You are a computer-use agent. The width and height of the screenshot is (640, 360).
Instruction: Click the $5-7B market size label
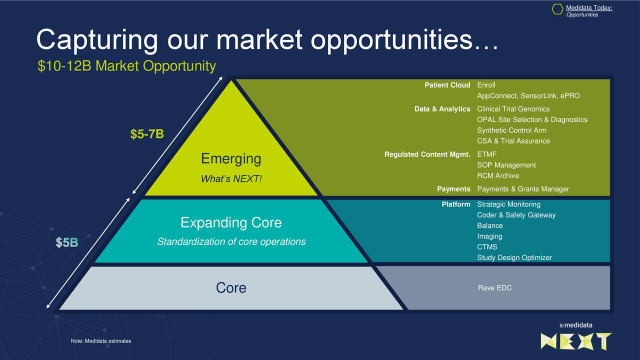point(147,134)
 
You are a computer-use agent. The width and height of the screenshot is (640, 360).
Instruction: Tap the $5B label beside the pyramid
point(67,242)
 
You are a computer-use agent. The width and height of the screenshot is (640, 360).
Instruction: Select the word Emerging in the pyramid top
point(231,159)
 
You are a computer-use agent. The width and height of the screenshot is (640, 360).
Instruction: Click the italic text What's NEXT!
point(231,179)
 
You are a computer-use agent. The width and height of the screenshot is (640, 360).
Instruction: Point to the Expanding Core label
point(231,222)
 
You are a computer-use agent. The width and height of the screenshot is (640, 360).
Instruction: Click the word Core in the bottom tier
point(231,287)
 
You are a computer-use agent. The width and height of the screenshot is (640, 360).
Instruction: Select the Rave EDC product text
point(494,287)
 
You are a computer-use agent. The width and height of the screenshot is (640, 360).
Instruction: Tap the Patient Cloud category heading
point(447,85)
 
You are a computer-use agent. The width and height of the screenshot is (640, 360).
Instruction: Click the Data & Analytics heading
point(442,109)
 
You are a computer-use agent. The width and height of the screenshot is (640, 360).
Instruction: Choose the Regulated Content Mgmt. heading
point(427,154)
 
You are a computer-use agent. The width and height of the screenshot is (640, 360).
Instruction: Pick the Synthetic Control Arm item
point(511,130)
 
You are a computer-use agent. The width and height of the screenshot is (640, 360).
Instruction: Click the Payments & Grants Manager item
point(523,189)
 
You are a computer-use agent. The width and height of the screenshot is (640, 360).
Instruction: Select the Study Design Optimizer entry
point(514,257)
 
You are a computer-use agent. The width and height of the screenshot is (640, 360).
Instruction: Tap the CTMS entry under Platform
point(487,247)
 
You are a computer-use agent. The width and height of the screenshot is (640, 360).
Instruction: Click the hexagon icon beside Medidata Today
point(557,9)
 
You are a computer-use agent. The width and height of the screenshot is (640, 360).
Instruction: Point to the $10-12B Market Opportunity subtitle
point(126,66)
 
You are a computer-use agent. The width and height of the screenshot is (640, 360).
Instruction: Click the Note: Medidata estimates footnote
point(101,341)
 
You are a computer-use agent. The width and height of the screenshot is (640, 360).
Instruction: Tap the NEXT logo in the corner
point(576,341)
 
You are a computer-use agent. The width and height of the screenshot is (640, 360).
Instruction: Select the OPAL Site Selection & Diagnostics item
point(532,119)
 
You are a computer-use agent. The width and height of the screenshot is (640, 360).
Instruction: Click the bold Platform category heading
point(455,204)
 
